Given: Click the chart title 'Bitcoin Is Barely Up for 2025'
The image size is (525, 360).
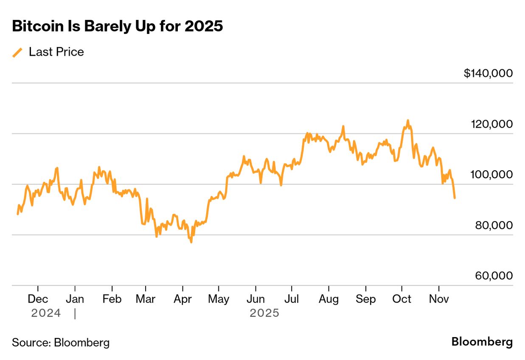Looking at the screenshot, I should (x=117, y=26).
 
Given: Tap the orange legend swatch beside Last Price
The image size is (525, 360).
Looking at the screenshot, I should (x=17, y=52).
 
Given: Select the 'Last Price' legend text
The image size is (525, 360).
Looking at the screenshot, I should (x=56, y=52).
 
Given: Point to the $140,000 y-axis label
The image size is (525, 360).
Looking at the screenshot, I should (x=488, y=73).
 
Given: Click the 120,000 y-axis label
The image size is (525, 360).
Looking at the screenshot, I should (x=491, y=124).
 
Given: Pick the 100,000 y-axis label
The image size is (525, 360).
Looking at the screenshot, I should (x=491, y=174).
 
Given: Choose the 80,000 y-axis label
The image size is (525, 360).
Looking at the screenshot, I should (x=494, y=225).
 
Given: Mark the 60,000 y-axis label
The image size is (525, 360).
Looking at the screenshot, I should (x=494, y=276).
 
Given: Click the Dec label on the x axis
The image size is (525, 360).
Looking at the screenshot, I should (x=38, y=299).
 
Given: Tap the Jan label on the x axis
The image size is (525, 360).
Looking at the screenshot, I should (x=75, y=299).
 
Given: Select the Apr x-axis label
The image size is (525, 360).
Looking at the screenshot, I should (x=182, y=299).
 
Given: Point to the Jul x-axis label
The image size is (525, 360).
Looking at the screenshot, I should (x=292, y=299).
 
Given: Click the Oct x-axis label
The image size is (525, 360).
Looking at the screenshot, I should (x=401, y=299).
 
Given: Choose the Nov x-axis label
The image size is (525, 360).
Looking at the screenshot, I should (x=439, y=299).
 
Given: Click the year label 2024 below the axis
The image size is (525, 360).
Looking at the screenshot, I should (x=46, y=313).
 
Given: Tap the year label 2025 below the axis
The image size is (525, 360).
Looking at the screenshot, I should (x=264, y=313).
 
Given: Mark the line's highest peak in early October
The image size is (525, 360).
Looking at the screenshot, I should (x=408, y=121).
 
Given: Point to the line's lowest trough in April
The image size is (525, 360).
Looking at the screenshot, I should (x=191, y=242).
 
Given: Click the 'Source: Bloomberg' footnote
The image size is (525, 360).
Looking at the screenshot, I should (x=61, y=343).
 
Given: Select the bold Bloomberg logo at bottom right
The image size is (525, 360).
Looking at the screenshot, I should (x=482, y=342).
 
